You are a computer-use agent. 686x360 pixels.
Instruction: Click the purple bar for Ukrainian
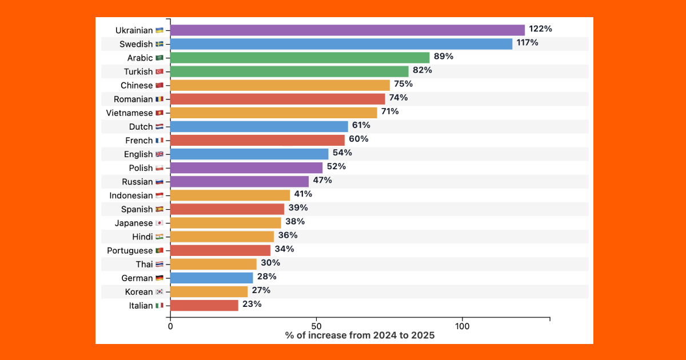pyautogui.click(x=347, y=30)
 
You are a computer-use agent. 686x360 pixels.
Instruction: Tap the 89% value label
pyautogui.click(x=444, y=57)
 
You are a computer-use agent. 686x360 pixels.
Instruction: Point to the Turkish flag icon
pyautogui.click(x=159, y=71)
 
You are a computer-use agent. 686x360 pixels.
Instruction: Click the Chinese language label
pyautogui.click(x=137, y=85)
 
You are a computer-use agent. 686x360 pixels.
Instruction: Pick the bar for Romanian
pyautogui.click(x=277, y=99)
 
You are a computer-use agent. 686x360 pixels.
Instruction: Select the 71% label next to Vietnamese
pyautogui.click(x=390, y=111)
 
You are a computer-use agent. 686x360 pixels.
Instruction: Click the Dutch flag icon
pyautogui.click(x=159, y=127)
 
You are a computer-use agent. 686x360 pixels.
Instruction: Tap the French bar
pyautogui.click(x=257, y=140)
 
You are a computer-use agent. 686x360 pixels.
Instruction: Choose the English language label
pyautogui.click(x=138, y=154)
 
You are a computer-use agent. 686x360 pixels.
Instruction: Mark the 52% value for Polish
pyautogui.click(x=336, y=166)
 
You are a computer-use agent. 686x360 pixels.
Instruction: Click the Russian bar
pyautogui.click(x=239, y=182)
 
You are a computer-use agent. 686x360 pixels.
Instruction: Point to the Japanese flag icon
pyautogui.click(x=159, y=223)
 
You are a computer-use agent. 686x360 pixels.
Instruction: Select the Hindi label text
pyautogui.click(x=142, y=237)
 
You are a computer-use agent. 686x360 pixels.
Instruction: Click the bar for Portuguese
pyautogui.click(x=220, y=250)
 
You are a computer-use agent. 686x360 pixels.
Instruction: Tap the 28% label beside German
pyautogui.click(x=266, y=277)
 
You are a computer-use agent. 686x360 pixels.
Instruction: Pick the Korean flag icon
pyautogui.click(x=159, y=292)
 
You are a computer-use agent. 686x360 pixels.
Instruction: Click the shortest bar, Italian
pyautogui.click(x=204, y=305)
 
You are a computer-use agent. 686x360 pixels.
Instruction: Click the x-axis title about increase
pyautogui.click(x=360, y=335)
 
